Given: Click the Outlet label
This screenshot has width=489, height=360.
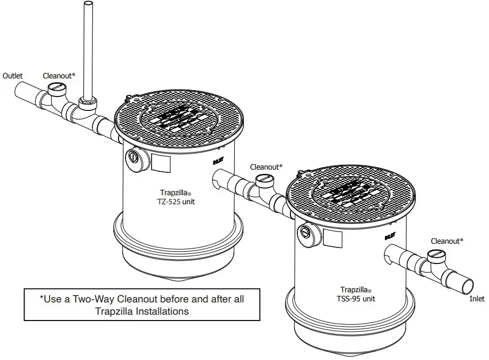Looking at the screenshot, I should coord(13,76).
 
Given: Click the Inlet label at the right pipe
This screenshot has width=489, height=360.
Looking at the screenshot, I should coord(477,299).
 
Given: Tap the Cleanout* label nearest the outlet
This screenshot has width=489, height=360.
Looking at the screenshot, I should coord(59,76).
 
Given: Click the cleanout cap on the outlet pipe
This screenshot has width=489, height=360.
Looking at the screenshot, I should coord(55,89).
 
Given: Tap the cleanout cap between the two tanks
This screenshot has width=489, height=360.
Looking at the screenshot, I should coord(264,180).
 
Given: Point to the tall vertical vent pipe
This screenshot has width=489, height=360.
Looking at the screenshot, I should coord(88,48).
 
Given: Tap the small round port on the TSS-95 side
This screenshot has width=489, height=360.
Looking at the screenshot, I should coord(305,231).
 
